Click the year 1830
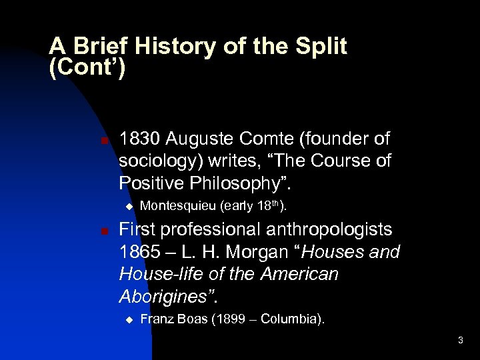[139, 139]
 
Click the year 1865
[139, 253]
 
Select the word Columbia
[289, 319]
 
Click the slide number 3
[460, 341]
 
